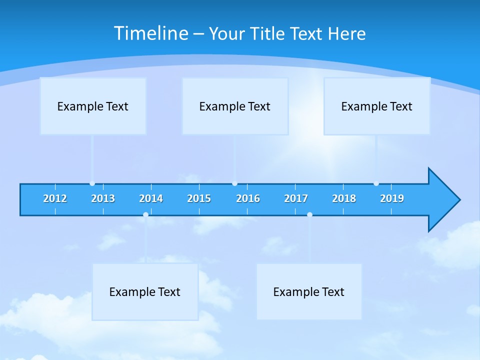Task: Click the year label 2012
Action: (x=55, y=198)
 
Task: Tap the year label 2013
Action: (x=103, y=198)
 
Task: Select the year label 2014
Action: (x=151, y=198)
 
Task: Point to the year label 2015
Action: (x=199, y=198)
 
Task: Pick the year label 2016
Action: (x=248, y=198)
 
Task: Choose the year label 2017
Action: (x=296, y=198)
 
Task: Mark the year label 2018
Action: (x=344, y=198)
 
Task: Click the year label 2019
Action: (x=392, y=198)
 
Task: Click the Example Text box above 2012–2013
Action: (x=93, y=106)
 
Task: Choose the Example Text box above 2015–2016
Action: (x=235, y=106)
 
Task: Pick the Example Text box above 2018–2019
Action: (x=377, y=106)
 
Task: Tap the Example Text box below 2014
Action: (x=145, y=291)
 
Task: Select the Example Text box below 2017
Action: (x=309, y=291)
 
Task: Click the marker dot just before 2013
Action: (x=92, y=183)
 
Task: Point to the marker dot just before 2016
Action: (x=234, y=183)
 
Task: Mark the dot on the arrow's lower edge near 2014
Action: (x=145, y=215)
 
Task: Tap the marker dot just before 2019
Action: (x=376, y=183)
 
